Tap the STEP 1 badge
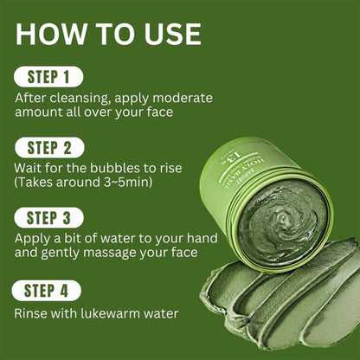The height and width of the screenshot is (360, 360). point(48,76)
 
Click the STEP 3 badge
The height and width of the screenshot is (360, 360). point(48,215)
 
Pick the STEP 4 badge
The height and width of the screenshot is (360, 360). point(48,291)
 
